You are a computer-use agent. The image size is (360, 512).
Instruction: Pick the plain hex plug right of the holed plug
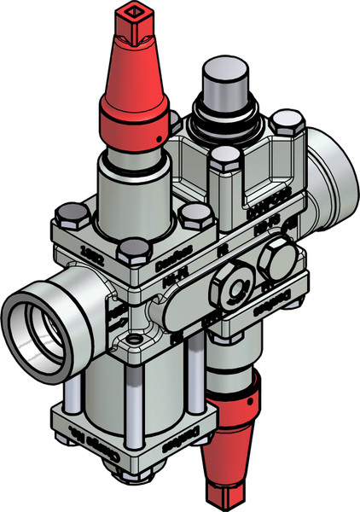pos(275,258)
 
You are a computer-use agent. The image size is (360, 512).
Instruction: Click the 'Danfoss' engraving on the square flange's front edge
pos(152,265)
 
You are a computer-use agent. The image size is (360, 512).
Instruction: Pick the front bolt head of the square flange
pos(131,251)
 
